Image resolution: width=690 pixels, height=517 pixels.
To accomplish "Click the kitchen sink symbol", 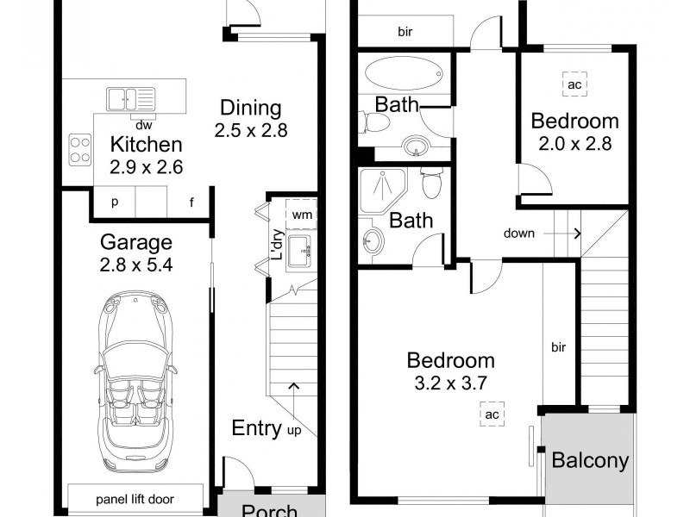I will (129, 98).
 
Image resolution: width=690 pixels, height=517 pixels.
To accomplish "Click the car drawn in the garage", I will (136, 377).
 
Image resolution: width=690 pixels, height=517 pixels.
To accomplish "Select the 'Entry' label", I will (256, 428).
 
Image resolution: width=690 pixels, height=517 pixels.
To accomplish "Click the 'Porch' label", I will (269, 510).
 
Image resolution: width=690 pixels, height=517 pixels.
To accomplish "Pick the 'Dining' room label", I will (250, 109).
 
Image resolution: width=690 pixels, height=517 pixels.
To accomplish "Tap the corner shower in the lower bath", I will (382, 190).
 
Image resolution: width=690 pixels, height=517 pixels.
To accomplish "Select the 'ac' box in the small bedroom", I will (575, 84).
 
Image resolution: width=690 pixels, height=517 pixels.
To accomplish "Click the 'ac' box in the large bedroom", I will (492, 414).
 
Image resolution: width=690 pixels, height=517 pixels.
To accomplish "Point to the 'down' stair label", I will (520, 233).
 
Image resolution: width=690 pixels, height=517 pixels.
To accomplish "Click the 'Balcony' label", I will (590, 461).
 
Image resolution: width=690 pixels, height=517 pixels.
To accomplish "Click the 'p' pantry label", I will (115, 203).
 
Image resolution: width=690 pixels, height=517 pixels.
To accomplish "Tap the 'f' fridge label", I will (191, 203).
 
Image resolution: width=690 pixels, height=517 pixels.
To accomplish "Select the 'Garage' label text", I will (135, 242).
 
